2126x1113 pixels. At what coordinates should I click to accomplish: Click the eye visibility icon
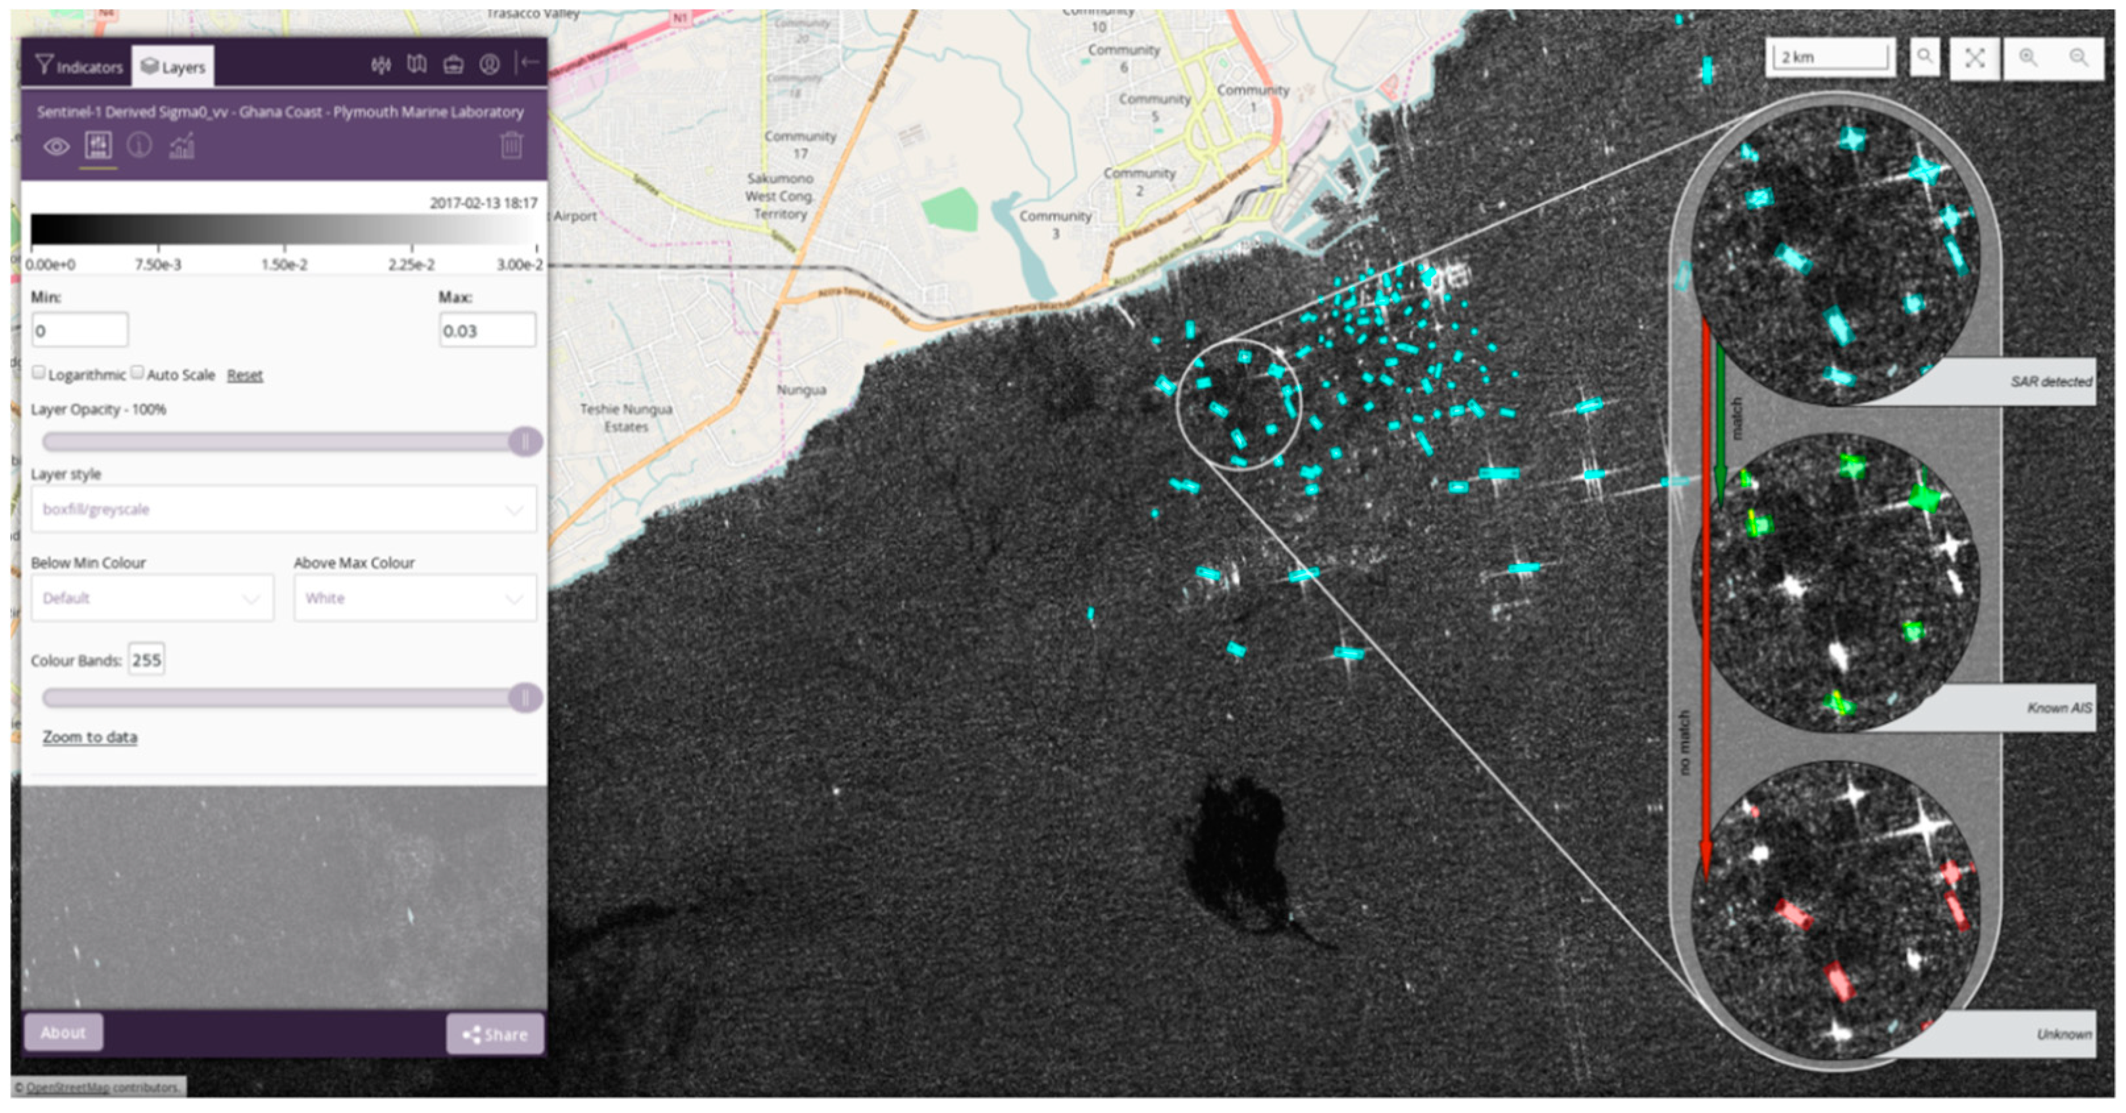pyautogui.click(x=56, y=147)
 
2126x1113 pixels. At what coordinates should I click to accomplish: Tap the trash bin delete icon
pyautogui.click(x=511, y=145)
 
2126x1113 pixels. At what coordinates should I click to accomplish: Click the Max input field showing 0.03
pyautogui.click(x=486, y=330)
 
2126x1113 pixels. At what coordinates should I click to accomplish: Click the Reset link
pyautogui.click(x=244, y=375)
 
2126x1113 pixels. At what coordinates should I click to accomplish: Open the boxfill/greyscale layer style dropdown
pyautogui.click(x=283, y=509)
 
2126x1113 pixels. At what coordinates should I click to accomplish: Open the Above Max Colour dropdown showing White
pyautogui.click(x=414, y=598)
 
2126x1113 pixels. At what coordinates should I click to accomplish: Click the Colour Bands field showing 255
pyautogui.click(x=147, y=660)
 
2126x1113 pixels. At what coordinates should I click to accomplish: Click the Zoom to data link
pyautogui.click(x=90, y=737)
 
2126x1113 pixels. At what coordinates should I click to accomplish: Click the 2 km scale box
pyautogui.click(x=1830, y=57)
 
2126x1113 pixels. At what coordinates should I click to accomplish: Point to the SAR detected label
pyautogui.click(x=2050, y=381)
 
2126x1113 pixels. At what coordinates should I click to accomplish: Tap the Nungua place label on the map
pyautogui.click(x=800, y=390)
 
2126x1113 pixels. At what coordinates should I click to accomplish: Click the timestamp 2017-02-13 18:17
pyautogui.click(x=483, y=203)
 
